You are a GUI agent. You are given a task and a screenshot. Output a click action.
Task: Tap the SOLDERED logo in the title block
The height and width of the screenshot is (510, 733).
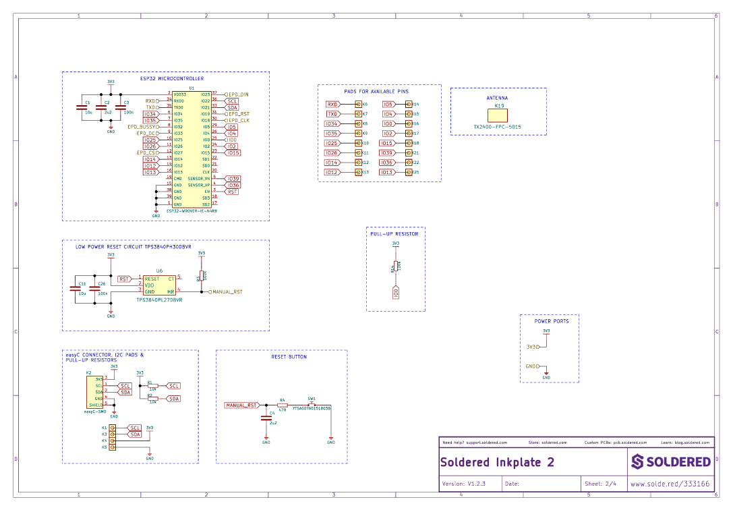[671, 462]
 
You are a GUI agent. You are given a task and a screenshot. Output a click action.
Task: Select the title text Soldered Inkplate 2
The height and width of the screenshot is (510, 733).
[497, 463]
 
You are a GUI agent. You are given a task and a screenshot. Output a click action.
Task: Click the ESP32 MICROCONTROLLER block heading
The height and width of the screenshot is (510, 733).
[171, 79]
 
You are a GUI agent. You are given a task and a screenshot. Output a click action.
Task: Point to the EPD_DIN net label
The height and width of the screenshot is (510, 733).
[238, 94]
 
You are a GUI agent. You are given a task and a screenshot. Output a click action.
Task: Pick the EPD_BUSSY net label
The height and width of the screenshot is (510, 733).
[142, 127]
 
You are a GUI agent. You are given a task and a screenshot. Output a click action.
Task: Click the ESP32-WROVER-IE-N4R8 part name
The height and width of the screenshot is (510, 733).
[192, 211]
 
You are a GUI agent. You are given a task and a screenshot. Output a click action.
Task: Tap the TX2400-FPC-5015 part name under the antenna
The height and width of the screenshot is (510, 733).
[497, 127]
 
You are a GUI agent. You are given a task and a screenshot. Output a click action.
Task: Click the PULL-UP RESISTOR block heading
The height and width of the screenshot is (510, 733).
[395, 234]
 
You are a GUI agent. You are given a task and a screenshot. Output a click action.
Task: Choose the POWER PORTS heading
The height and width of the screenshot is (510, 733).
[551, 322]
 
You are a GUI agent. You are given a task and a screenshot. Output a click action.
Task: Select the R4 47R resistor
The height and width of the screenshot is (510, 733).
[283, 405]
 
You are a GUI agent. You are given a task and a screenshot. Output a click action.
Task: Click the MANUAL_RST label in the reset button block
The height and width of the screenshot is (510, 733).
[241, 405]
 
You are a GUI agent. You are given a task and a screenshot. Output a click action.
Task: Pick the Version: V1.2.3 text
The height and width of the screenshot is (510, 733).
[463, 484]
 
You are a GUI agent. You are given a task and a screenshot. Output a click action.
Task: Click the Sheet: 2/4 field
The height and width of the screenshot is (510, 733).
[601, 484]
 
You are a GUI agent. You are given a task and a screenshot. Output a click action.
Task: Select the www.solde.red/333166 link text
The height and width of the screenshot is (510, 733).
[670, 484]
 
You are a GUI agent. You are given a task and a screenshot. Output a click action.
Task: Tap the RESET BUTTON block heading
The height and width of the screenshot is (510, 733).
[289, 357]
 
